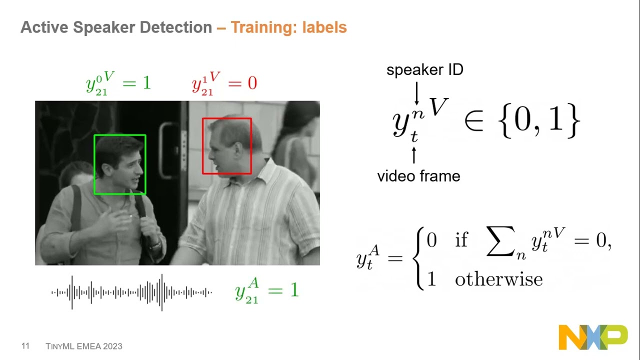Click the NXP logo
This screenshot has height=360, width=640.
(592, 337)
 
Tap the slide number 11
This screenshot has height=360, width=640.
(25, 346)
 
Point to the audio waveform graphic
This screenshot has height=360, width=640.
(131, 292)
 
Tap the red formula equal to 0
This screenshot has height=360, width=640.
(224, 83)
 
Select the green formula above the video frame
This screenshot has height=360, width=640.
(118, 83)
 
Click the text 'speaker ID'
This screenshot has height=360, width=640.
(424, 70)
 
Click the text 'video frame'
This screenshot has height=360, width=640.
(418, 176)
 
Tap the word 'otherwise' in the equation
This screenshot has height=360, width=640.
(498, 279)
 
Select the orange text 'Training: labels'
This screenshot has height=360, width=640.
(288, 27)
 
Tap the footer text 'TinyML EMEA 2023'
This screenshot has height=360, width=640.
(84, 346)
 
